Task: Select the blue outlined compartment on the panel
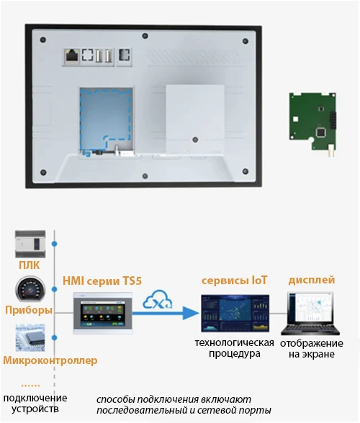pyautogui.click(x=105, y=115)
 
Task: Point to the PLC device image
pyautogui.click(x=30, y=245)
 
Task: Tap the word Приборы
pyautogui.click(x=28, y=311)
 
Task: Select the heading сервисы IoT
pyautogui.click(x=235, y=280)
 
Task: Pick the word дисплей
pyautogui.click(x=310, y=280)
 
